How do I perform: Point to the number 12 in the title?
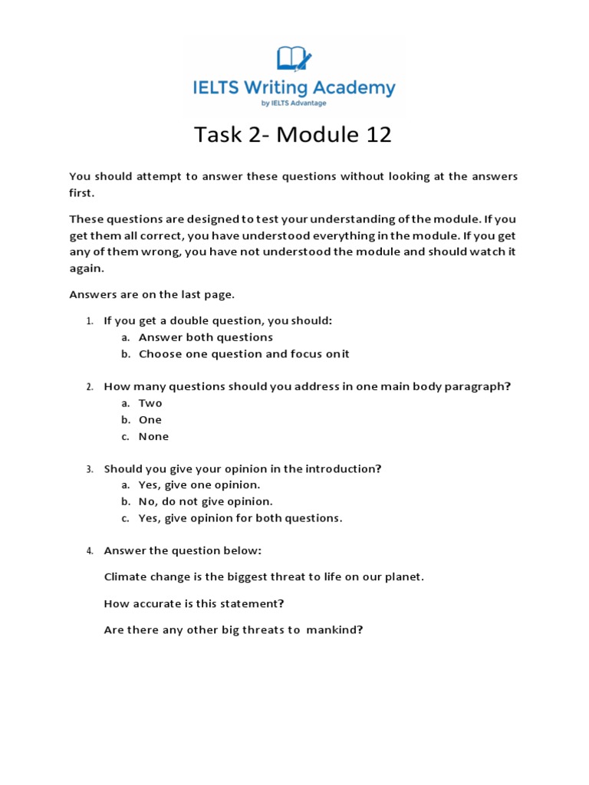coord(375,135)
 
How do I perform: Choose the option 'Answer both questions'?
coord(206,337)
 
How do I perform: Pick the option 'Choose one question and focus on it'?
coord(244,353)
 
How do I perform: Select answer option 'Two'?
coord(150,403)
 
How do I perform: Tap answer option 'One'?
coord(150,419)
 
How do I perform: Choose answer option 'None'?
coord(153,436)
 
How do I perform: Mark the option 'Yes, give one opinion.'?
coord(199,484)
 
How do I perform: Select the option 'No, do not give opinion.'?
coord(206,501)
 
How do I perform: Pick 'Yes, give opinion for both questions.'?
coord(240,518)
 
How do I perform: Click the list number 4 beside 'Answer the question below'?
coord(89,551)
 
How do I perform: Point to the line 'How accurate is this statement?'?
coord(193,603)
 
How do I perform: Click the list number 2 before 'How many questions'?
coord(89,387)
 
